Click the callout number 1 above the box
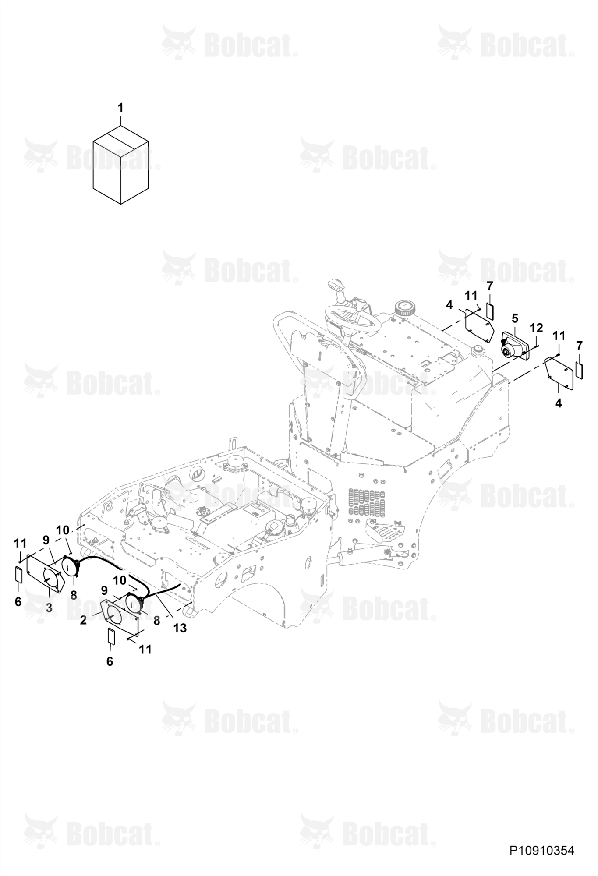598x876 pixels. [120, 107]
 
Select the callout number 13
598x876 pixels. [180, 628]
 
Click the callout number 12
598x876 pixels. [536, 327]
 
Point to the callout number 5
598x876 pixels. [515, 318]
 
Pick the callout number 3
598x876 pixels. [49, 608]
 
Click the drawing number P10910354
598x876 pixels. [541, 851]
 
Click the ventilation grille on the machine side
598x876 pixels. [367, 502]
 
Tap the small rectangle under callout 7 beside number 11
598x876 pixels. [490, 310]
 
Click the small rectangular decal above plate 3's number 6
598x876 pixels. [19, 574]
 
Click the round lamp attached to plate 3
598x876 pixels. [70, 565]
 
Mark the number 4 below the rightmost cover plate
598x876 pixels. [558, 403]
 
